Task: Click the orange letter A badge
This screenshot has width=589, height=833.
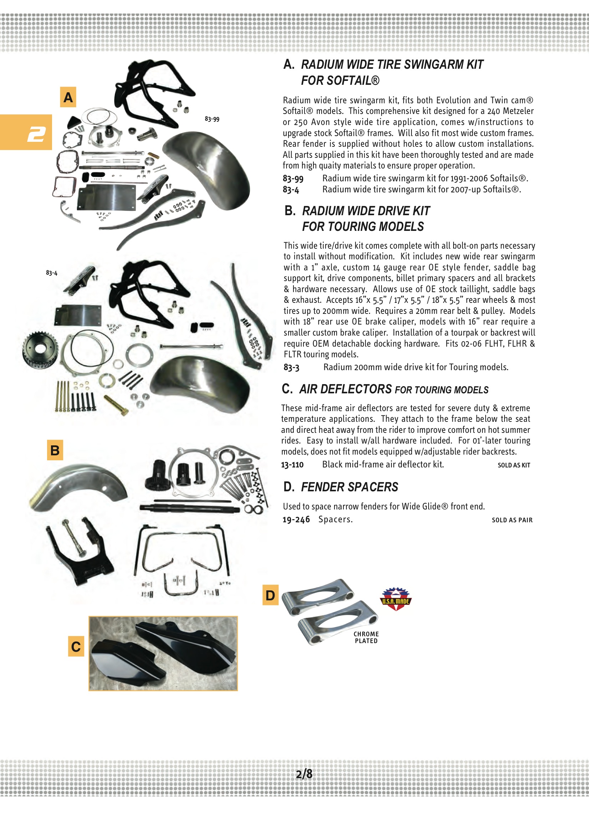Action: (68, 97)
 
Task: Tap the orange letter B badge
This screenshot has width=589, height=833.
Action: (55, 450)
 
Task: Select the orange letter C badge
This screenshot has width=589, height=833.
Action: (76, 647)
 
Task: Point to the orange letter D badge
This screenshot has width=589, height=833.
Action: (270, 595)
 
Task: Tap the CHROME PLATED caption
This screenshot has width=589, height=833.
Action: (366, 637)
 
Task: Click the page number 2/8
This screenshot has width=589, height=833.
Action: (304, 774)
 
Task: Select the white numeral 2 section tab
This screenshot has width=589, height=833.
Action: (36, 134)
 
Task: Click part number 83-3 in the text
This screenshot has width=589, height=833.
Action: (291, 368)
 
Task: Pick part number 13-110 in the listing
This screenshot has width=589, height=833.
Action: (292, 465)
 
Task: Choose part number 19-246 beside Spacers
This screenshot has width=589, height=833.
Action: (296, 519)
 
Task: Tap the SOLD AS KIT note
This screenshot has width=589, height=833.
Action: (513, 465)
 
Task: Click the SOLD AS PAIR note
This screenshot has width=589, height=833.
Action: (512, 520)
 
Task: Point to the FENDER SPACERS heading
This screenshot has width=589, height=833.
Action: (349, 487)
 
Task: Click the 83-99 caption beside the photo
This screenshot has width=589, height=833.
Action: (212, 119)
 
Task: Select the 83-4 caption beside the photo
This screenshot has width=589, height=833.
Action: (52, 273)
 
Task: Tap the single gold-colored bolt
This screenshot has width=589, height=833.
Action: (116, 405)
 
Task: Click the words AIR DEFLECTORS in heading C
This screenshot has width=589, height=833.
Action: (345, 389)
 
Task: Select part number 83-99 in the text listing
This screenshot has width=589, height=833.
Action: (293, 178)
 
